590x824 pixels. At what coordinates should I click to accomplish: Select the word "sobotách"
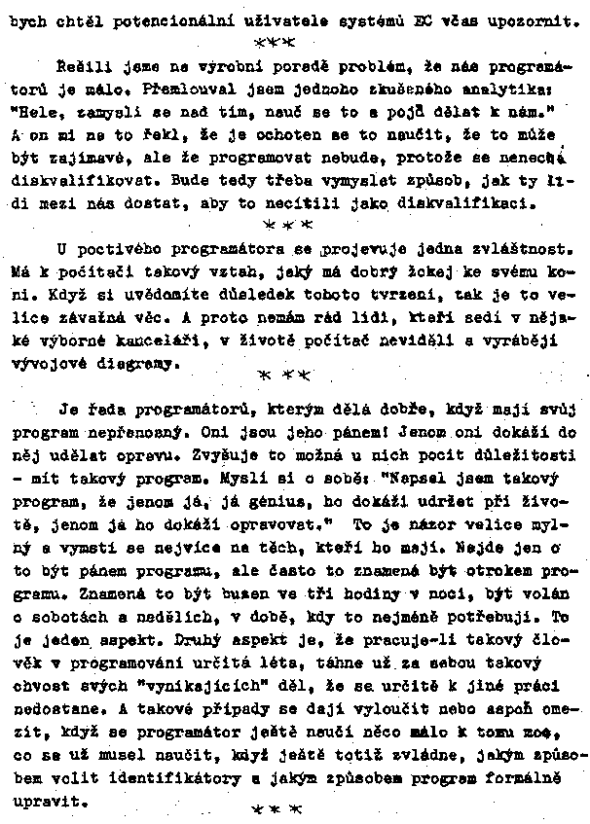tap(62, 617)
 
